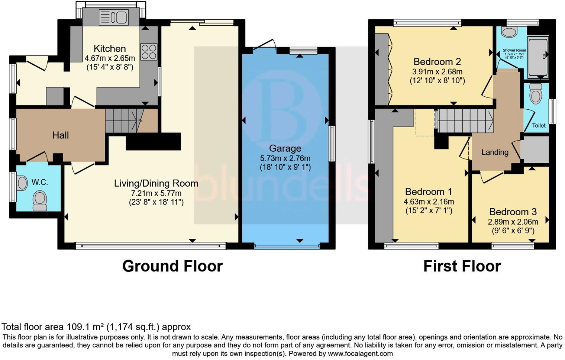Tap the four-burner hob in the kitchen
(x=149, y=52)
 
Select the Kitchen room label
(x=110, y=49)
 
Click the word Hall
(x=60, y=135)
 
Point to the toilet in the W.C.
(x=39, y=201)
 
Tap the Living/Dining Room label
(x=156, y=183)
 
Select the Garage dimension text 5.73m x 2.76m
(x=285, y=158)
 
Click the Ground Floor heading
(x=172, y=266)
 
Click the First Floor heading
(x=462, y=266)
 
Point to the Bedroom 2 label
(x=438, y=62)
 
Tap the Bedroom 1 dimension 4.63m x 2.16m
(x=429, y=202)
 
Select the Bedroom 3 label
(x=513, y=212)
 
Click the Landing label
(x=495, y=152)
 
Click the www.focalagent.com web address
(x=360, y=353)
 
